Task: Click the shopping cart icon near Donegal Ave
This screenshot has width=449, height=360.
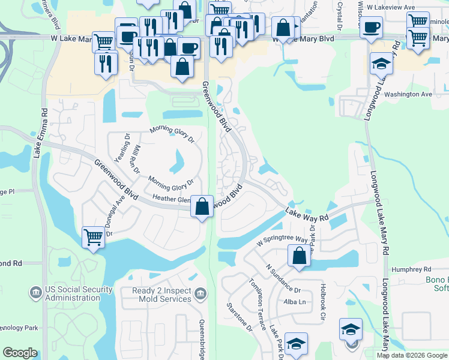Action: coord(93,238)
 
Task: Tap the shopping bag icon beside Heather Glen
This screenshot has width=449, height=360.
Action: coord(202,206)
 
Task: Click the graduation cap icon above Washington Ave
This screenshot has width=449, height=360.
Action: coord(381,64)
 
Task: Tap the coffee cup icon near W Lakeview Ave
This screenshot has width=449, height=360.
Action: coord(371,28)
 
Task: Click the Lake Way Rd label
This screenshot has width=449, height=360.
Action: coord(307,214)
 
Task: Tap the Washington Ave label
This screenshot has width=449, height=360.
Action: coord(408,95)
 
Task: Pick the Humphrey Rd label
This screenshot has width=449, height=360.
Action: coord(411,270)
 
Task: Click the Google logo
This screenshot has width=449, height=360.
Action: coord(20,353)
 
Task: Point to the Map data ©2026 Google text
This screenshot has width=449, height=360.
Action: coord(412,355)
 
